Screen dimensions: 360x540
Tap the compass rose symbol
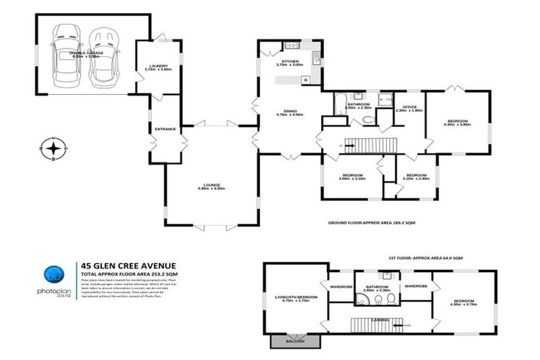tap(53, 148)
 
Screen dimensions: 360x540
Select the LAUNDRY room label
tap(158, 67)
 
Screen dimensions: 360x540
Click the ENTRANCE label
tap(166, 129)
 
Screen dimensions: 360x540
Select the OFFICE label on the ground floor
tap(409, 107)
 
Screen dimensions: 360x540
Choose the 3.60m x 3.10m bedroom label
tap(352, 176)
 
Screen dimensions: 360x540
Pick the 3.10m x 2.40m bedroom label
tap(416, 176)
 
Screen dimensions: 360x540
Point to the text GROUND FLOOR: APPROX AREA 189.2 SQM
tap(372, 222)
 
